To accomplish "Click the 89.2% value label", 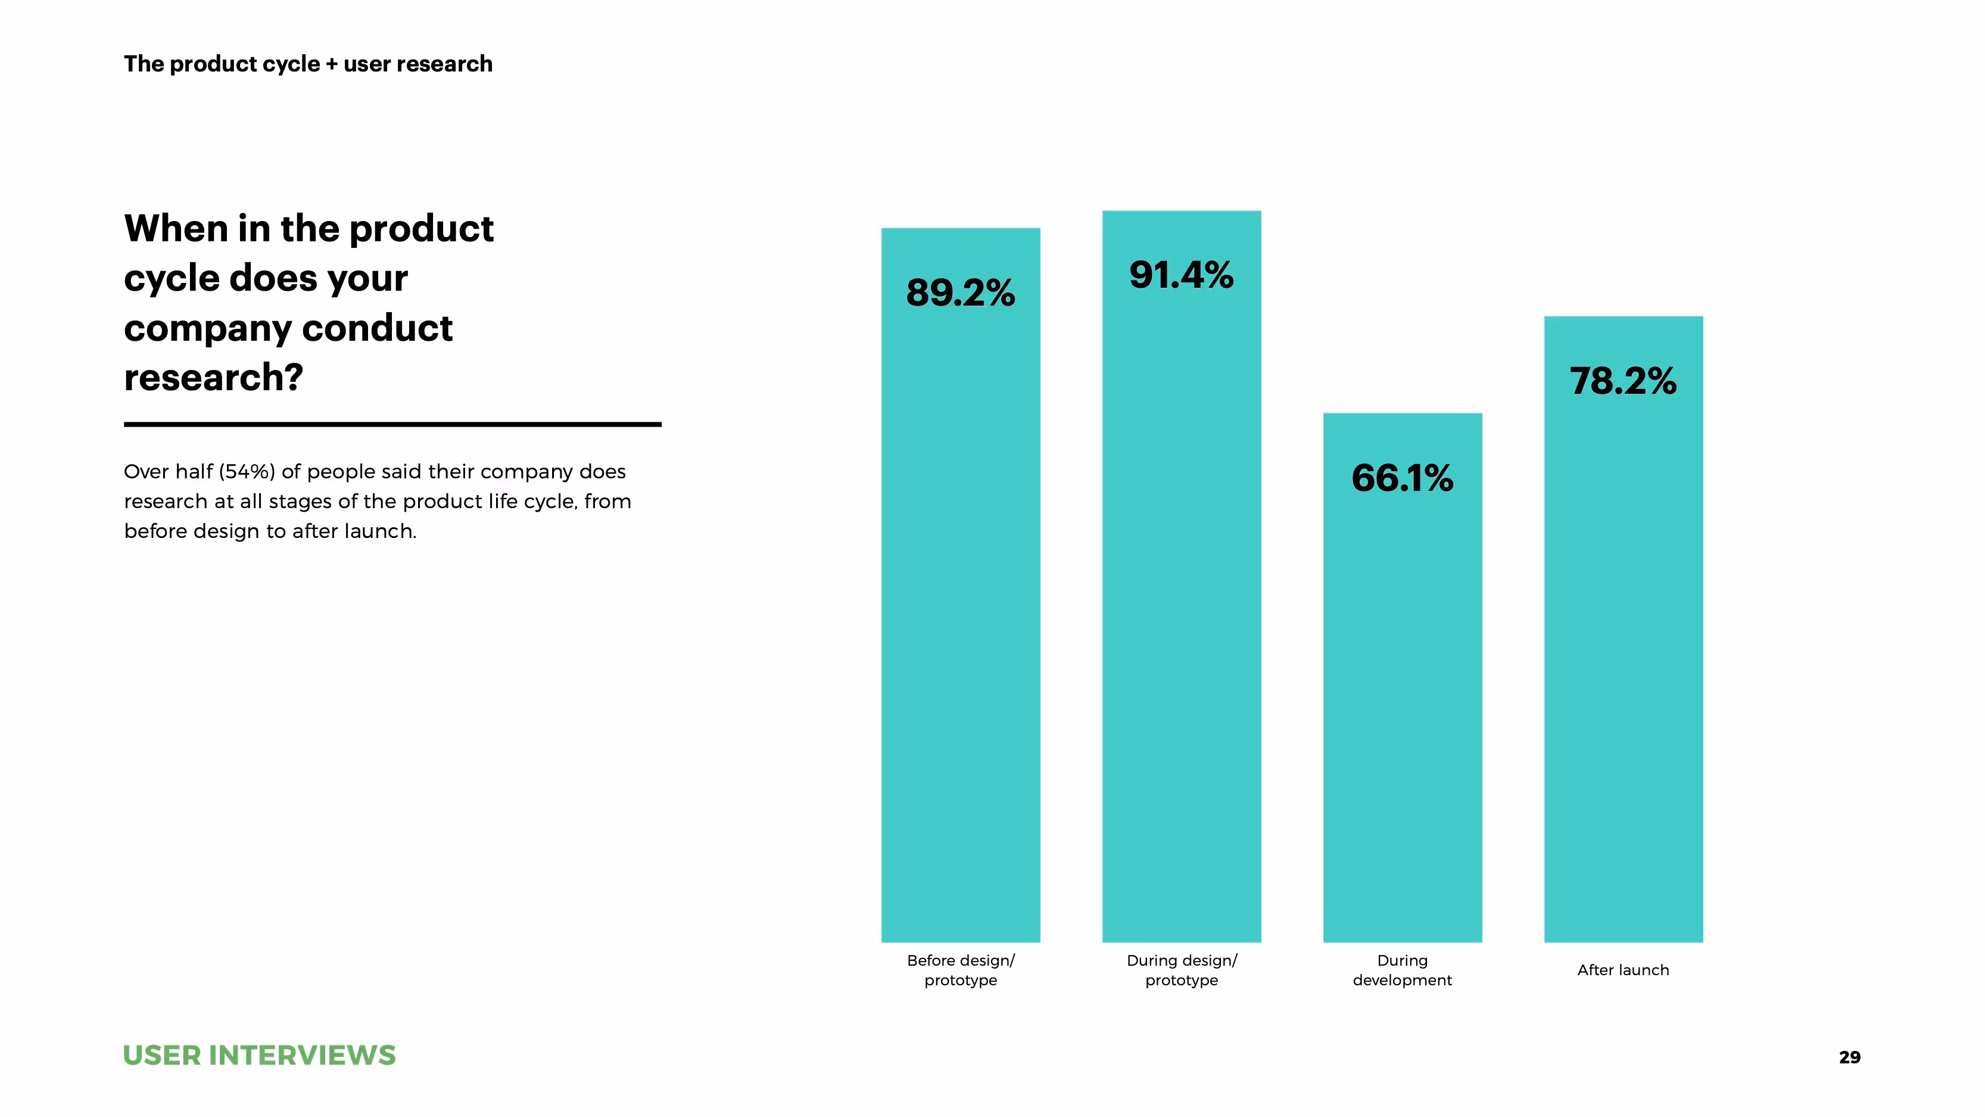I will click(x=960, y=293).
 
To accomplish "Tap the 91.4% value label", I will click(x=1181, y=275).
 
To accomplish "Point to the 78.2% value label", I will click(x=1623, y=381).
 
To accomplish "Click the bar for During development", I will click(x=1402, y=694).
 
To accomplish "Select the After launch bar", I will click(x=1623, y=655).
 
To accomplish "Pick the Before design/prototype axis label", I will click(x=960, y=970).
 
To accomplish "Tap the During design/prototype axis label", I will click(x=1181, y=970).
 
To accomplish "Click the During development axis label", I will click(x=1402, y=970).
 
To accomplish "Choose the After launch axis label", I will click(x=1623, y=970).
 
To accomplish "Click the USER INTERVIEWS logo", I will click(x=259, y=1055).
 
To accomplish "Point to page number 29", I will click(x=1849, y=1057).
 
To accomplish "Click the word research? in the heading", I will click(x=213, y=378).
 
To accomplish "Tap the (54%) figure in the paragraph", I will click(x=247, y=472).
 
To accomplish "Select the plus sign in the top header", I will click(x=331, y=64).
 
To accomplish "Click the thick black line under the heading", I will click(x=392, y=424).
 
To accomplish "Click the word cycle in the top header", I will click(x=291, y=64).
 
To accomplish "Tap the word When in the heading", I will click(x=175, y=229).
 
